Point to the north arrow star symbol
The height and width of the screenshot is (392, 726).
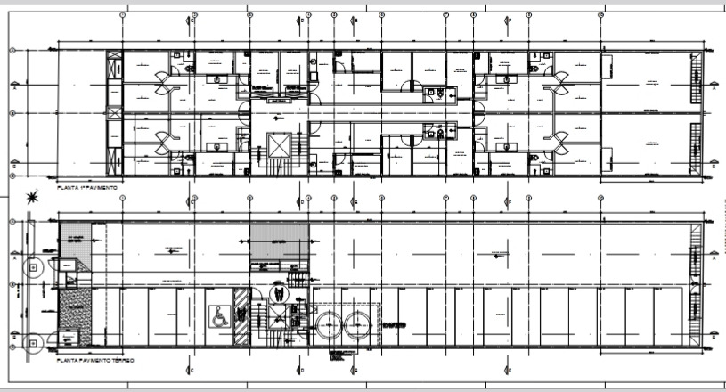pos(33,198)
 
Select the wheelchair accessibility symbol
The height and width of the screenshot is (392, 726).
pos(218,314)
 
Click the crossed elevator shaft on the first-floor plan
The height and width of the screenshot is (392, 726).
pos(280,146)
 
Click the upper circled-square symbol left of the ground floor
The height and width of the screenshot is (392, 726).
pos(33,265)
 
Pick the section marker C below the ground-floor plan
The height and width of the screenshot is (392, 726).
pos(191,370)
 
